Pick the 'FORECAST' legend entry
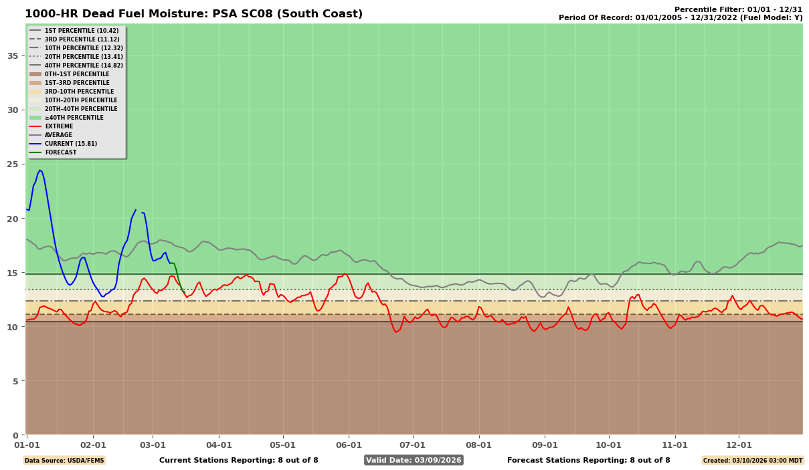(60, 152)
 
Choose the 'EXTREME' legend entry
(59, 126)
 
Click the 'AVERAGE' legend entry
(58, 135)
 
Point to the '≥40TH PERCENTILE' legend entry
(74, 118)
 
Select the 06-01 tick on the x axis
(349, 445)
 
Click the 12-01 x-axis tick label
(739, 445)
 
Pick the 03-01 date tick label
(153, 445)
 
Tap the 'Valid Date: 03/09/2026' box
(414, 460)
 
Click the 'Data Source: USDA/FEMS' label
(64, 460)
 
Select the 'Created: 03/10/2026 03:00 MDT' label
(752, 460)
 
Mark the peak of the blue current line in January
(39, 170)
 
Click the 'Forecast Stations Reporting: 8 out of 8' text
(588, 460)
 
